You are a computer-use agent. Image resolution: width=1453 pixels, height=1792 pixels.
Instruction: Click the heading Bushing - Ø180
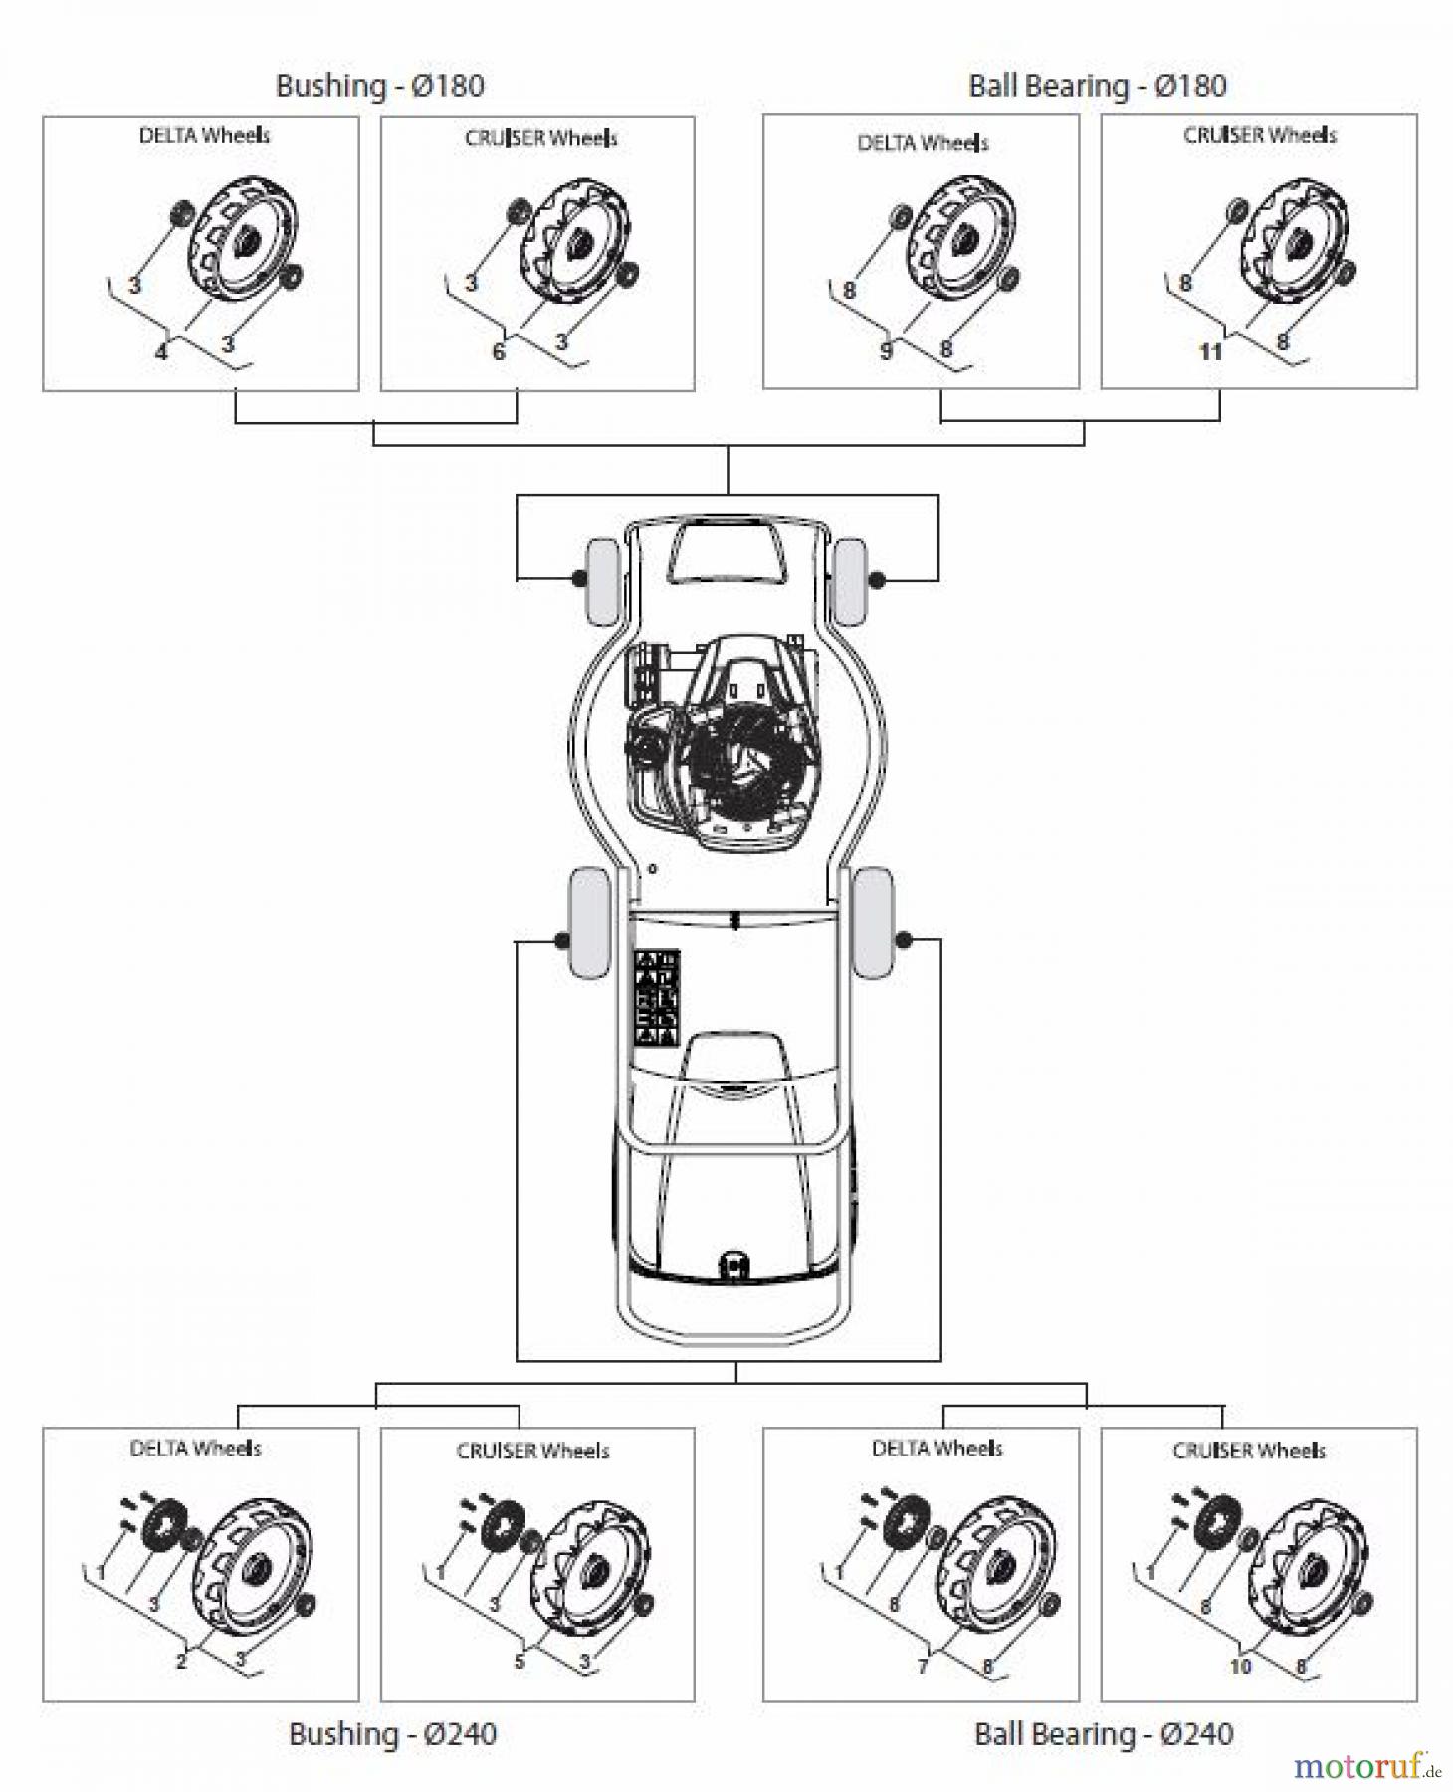click(x=379, y=86)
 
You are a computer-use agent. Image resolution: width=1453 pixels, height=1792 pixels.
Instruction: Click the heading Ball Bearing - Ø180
click(x=1097, y=86)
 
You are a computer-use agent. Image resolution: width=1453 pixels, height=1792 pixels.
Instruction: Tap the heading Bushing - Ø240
click(x=392, y=1734)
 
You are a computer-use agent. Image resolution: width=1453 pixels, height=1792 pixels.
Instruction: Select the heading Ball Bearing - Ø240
click(x=1103, y=1734)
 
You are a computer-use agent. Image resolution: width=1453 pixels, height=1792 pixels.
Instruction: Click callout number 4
click(x=161, y=351)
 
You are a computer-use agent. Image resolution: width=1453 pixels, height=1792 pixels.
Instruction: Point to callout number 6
click(x=499, y=351)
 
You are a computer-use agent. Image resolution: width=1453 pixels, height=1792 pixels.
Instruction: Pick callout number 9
click(x=886, y=351)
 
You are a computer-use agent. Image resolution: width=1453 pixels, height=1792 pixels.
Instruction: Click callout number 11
click(x=1210, y=351)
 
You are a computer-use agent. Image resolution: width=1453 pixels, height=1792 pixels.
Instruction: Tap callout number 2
click(x=181, y=1661)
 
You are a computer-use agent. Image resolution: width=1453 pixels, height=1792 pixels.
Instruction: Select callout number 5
click(x=519, y=1661)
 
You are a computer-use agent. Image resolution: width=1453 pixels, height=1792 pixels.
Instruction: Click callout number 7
click(x=923, y=1666)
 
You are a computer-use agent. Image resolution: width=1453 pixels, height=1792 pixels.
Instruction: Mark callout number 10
click(x=1240, y=1666)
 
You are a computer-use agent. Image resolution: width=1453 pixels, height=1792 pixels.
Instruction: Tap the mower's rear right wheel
click(x=873, y=922)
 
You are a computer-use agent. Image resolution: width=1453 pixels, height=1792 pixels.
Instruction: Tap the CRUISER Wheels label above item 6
click(x=540, y=138)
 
